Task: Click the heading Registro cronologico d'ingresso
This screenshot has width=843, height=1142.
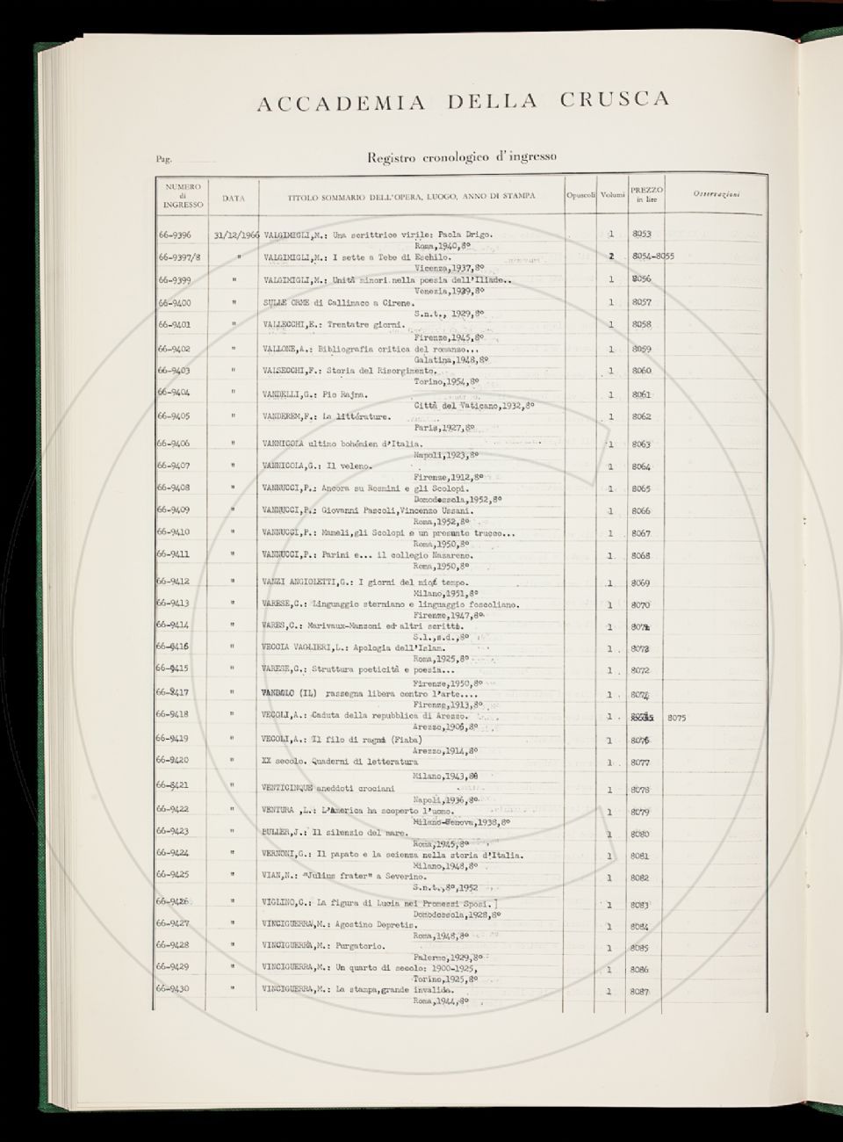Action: click(x=462, y=158)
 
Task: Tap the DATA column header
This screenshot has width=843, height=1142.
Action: click(x=234, y=199)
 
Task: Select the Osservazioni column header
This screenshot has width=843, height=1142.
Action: click(x=716, y=194)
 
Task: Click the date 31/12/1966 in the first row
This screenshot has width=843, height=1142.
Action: click(x=236, y=235)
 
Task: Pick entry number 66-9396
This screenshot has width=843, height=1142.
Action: click(x=175, y=235)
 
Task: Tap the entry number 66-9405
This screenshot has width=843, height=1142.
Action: click(x=175, y=416)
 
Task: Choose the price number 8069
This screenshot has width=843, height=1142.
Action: click(x=640, y=582)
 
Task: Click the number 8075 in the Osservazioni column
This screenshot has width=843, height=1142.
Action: click(x=676, y=718)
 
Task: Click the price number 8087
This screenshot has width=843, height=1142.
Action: click(x=639, y=992)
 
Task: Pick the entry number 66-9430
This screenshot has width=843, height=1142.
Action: click(x=175, y=989)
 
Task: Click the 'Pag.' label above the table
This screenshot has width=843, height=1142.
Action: click(x=162, y=160)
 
